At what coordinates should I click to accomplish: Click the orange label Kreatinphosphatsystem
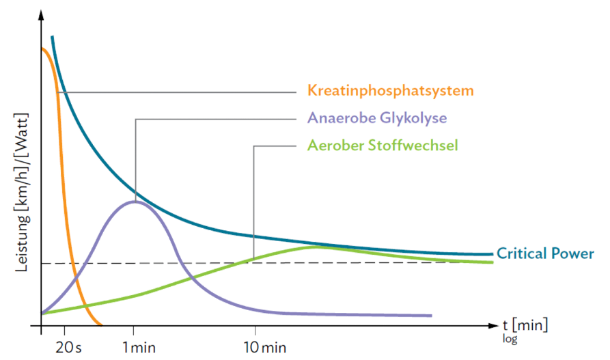pyautogui.click(x=391, y=91)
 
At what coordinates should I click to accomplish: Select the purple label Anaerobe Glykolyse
pyautogui.click(x=377, y=117)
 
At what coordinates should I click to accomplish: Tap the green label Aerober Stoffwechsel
pyautogui.click(x=383, y=145)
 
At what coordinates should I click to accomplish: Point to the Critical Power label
pyautogui.click(x=545, y=253)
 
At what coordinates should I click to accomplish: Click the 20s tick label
pyautogui.click(x=68, y=347)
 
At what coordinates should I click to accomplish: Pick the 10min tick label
pyautogui.click(x=264, y=347)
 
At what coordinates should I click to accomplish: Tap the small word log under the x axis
pyautogui.click(x=509, y=338)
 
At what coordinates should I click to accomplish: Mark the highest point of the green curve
pyautogui.click(x=315, y=247)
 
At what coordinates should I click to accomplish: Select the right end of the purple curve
pyautogui.click(x=432, y=316)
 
